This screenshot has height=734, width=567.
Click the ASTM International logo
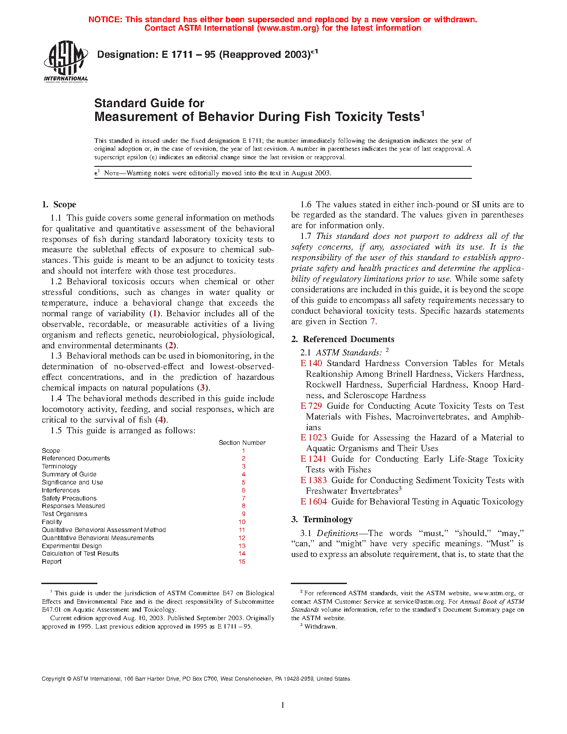pyautogui.click(x=66, y=61)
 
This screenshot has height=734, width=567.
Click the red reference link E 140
pyautogui.click(x=311, y=363)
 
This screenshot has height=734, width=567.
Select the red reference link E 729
pyautogui.click(x=311, y=406)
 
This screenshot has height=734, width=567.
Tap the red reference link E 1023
pyautogui.click(x=314, y=438)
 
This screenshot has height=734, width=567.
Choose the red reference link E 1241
pyautogui.click(x=314, y=459)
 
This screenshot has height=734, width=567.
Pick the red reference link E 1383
pyautogui.click(x=314, y=480)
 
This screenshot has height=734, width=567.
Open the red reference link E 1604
pyautogui.click(x=314, y=502)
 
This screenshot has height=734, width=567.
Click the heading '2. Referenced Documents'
pyautogui.click(x=342, y=339)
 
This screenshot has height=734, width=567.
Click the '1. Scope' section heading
pyautogui.click(x=59, y=205)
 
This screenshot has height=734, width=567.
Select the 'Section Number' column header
pyautogui.click(x=242, y=443)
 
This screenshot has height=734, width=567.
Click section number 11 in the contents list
pyautogui.click(x=242, y=530)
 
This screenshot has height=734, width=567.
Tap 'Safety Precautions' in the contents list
pyautogui.click(x=69, y=498)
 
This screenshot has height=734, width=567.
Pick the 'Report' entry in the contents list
pyautogui.click(x=52, y=561)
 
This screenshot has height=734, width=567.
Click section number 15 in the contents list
pyautogui.click(x=242, y=561)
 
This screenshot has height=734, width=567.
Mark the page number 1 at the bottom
pyautogui.click(x=283, y=705)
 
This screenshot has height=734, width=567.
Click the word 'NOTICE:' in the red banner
pyautogui.click(x=105, y=20)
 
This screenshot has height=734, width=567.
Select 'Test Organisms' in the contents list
pyautogui.click(x=64, y=514)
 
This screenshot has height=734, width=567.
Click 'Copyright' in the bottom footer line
pyautogui.click(x=53, y=679)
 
